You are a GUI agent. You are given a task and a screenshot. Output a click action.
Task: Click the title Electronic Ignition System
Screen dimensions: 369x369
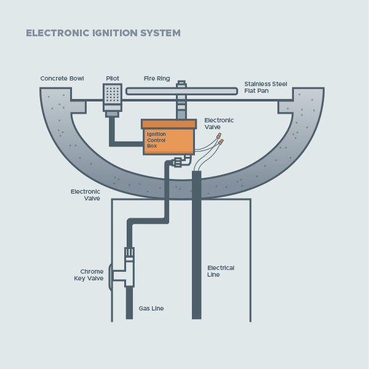[x=103, y=33]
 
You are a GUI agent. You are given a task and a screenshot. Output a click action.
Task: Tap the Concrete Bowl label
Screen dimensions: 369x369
[x=62, y=79]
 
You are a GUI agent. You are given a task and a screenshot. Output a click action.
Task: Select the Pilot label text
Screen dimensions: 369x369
[x=113, y=79]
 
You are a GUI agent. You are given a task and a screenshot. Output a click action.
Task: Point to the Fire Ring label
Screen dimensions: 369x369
[x=157, y=79]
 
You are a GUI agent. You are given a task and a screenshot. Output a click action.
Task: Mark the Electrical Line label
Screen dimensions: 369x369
[x=221, y=271]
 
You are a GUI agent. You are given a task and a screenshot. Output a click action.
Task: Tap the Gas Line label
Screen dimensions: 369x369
[x=151, y=308]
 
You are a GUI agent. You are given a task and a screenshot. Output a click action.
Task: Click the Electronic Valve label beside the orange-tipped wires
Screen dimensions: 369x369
[x=219, y=124]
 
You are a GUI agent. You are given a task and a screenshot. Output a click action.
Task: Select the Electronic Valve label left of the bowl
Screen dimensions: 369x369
[x=85, y=195]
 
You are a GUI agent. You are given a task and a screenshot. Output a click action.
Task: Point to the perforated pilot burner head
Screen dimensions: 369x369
[x=113, y=94]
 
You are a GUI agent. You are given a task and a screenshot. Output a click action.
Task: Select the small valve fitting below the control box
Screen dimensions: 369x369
[x=178, y=162]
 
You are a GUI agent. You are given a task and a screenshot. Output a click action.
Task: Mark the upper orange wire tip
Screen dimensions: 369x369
[x=218, y=136]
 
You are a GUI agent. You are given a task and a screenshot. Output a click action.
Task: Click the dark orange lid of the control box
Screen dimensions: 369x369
[x=168, y=124]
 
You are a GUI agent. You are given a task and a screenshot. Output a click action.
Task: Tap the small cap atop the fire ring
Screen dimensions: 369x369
[x=181, y=82]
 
